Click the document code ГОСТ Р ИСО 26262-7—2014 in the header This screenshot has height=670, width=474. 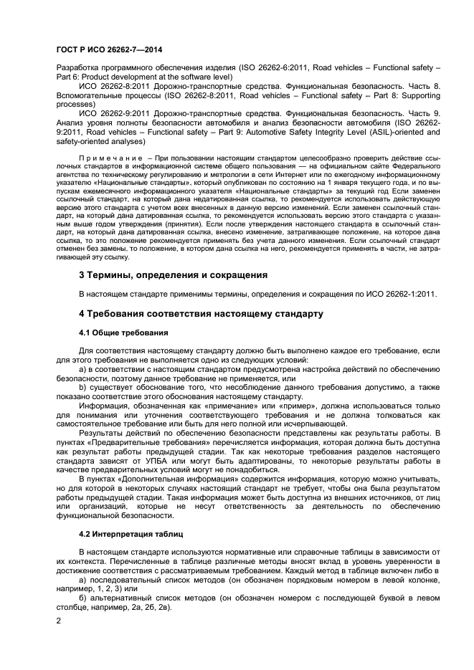point(109,49)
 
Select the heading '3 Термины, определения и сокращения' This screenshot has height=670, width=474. point(173,274)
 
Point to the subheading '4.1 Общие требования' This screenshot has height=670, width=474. point(123,332)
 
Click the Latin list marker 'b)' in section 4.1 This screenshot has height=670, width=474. point(83,386)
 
